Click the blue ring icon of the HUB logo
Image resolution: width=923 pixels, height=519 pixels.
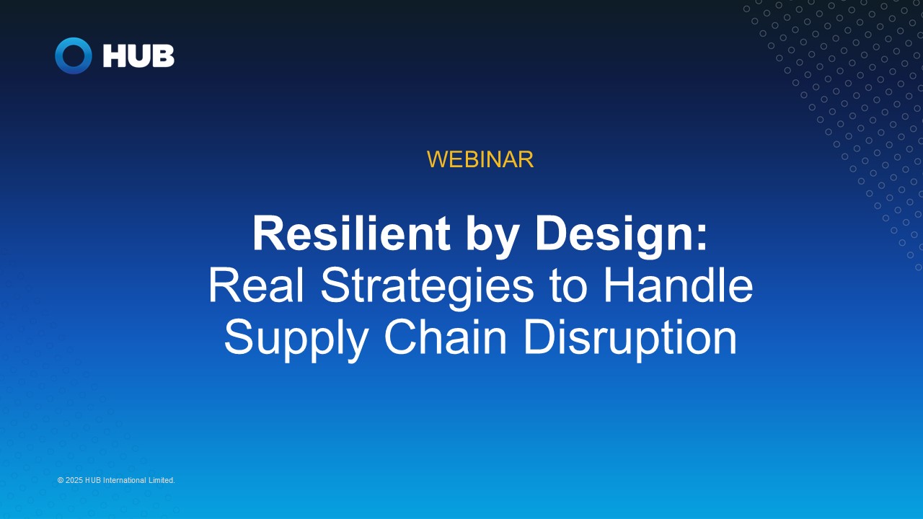click(x=74, y=56)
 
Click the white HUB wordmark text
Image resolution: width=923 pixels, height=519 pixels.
click(x=138, y=56)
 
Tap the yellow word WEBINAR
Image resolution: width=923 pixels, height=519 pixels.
click(x=480, y=159)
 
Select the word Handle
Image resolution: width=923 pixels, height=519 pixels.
click(x=678, y=285)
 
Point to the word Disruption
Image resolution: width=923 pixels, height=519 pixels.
click(x=630, y=337)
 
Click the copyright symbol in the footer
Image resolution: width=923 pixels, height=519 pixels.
click(x=61, y=480)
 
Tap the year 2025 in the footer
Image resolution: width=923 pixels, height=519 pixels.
click(x=74, y=480)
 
